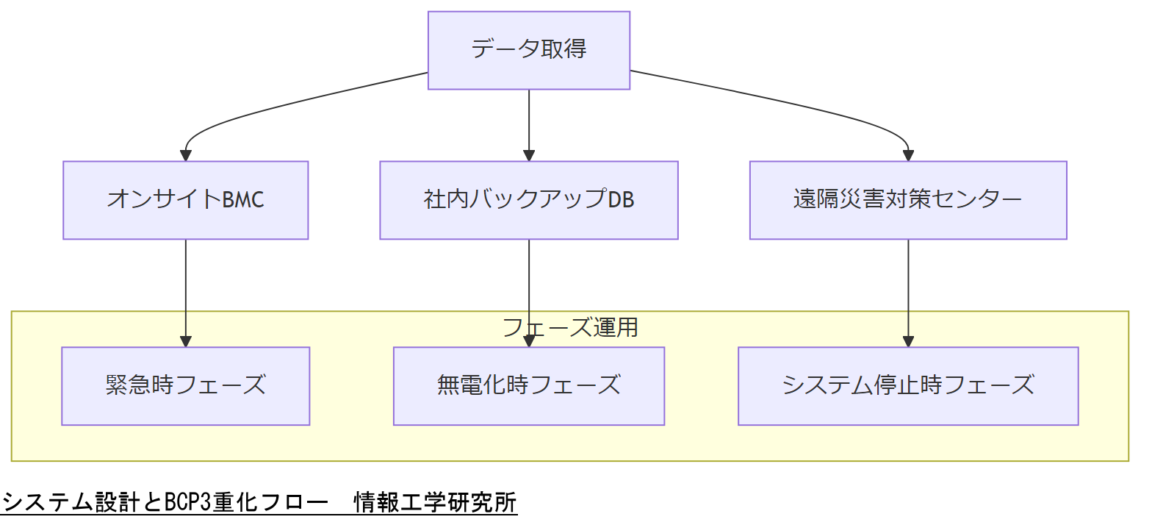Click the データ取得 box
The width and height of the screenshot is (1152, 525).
click(x=529, y=50)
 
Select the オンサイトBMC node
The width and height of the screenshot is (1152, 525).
click(x=185, y=200)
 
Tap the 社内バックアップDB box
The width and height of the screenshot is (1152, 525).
click(x=528, y=200)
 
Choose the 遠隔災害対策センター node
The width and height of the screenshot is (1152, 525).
click(x=908, y=200)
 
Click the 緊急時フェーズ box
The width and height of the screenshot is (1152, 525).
click(x=185, y=386)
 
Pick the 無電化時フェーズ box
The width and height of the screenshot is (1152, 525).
click(x=528, y=386)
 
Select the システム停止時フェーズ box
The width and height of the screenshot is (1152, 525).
click(x=908, y=386)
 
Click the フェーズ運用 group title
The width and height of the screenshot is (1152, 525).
click(x=570, y=327)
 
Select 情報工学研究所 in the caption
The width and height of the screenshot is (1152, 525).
click(x=435, y=503)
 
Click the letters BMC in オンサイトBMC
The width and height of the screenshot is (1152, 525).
click(x=243, y=200)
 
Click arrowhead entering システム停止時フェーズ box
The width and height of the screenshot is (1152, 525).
click(x=908, y=342)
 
